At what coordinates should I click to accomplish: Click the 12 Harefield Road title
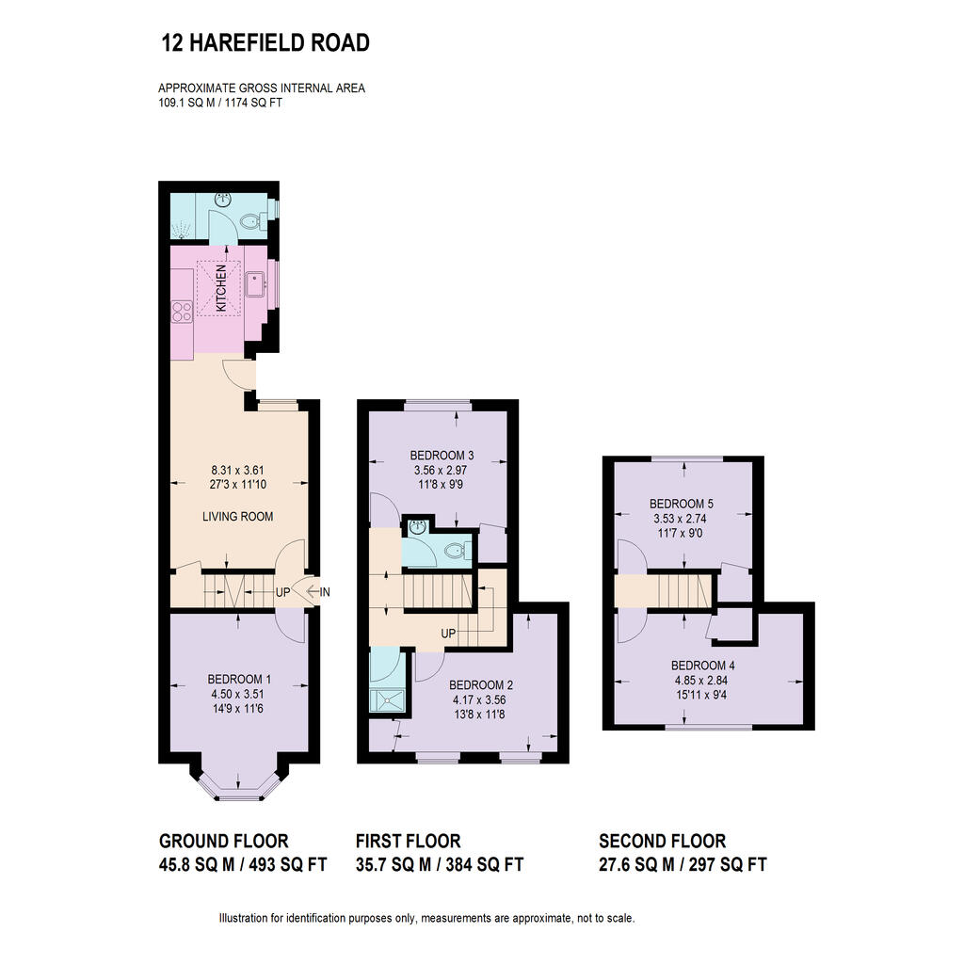265,43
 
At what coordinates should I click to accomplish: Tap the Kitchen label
220,288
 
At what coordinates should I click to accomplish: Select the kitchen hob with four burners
182,312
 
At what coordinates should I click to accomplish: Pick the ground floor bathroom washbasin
222,200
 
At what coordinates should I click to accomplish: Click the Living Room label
237,517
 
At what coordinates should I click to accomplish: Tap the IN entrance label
325,592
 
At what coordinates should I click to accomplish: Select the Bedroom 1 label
239,680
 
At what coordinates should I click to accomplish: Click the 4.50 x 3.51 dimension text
238,694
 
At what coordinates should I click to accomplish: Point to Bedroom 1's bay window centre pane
239,796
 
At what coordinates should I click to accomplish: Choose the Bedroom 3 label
442,456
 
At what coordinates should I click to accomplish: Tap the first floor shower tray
387,699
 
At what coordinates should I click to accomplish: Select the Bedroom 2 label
481,685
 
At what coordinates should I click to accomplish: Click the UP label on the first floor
448,634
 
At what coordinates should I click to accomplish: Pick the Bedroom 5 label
682,505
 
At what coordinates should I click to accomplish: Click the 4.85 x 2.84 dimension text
700,681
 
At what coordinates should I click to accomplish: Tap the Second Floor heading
662,841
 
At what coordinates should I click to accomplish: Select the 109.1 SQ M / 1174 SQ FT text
220,104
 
